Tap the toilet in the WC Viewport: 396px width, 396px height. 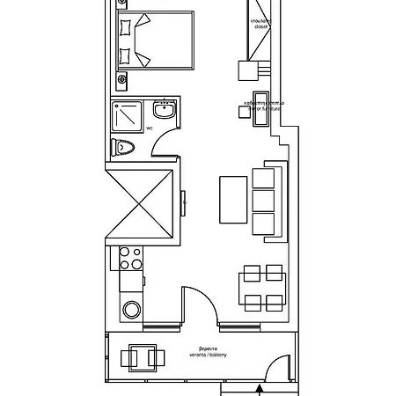point(123,147)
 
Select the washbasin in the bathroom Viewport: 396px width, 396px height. point(163,112)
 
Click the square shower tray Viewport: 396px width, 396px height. point(128,115)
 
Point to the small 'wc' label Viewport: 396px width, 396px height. point(150,128)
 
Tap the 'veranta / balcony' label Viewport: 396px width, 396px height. point(203,354)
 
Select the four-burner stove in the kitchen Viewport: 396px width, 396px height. point(130,259)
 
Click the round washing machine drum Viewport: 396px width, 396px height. point(131,310)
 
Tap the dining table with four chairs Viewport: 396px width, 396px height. point(262,288)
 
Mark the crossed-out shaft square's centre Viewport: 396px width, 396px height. point(140,203)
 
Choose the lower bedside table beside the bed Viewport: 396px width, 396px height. point(123,77)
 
